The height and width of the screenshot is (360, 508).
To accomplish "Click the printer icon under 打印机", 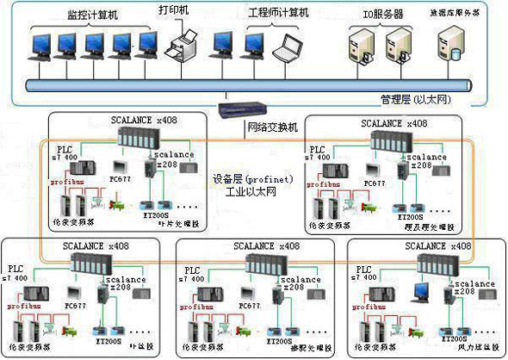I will pyautogui.click(x=183, y=41).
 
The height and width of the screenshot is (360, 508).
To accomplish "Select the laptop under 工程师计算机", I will pyautogui.click(x=284, y=48).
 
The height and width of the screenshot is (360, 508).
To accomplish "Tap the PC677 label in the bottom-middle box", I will pyautogui.click(x=249, y=305).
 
